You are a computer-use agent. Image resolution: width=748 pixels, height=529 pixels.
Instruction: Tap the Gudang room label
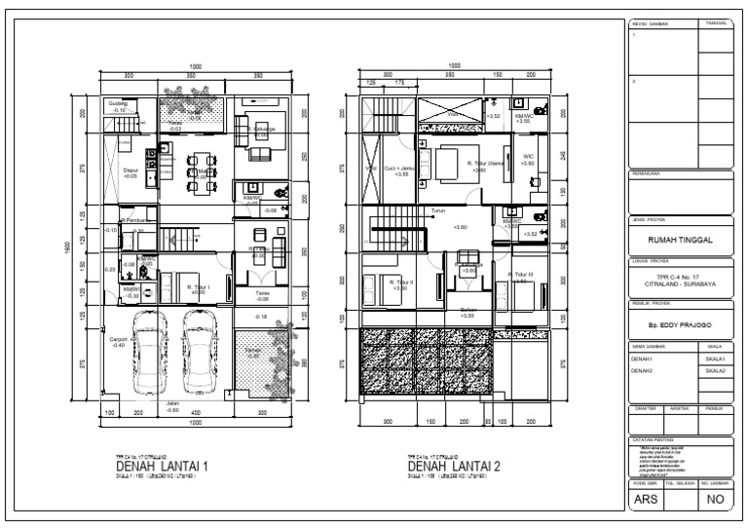click(x=118, y=104)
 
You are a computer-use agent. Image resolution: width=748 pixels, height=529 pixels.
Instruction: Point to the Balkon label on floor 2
click(x=467, y=312)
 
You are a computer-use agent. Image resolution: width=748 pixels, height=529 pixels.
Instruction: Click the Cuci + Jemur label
click(x=400, y=170)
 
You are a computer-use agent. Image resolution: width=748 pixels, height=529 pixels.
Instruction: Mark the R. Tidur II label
click(x=374, y=284)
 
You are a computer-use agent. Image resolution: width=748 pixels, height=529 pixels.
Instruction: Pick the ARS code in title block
click(x=646, y=501)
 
